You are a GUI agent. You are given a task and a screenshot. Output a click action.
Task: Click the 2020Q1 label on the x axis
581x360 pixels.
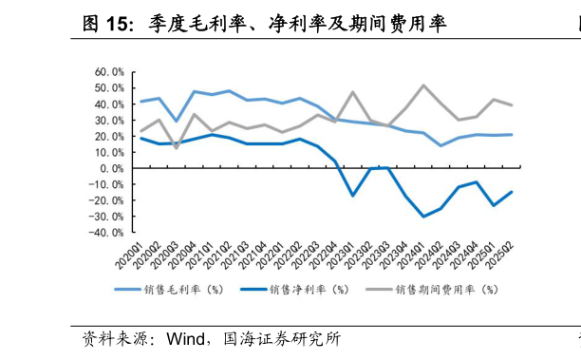(131, 254)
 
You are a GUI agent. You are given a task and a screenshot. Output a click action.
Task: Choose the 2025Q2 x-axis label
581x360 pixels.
(502, 254)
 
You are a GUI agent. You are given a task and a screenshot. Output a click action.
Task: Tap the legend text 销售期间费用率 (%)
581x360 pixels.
(446, 290)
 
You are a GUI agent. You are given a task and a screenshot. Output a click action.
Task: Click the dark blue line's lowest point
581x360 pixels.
(424, 217)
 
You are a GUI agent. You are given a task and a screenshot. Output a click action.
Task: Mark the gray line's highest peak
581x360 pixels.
(424, 85)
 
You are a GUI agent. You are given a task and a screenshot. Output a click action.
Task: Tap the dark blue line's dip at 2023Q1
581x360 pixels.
(353, 196)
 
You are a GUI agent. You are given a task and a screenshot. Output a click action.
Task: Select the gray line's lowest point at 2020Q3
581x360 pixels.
(176, 147)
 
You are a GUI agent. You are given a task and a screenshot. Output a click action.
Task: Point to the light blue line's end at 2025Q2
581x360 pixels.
(513, 134)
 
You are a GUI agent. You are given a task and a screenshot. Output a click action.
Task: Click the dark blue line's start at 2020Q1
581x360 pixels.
(141, 138)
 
